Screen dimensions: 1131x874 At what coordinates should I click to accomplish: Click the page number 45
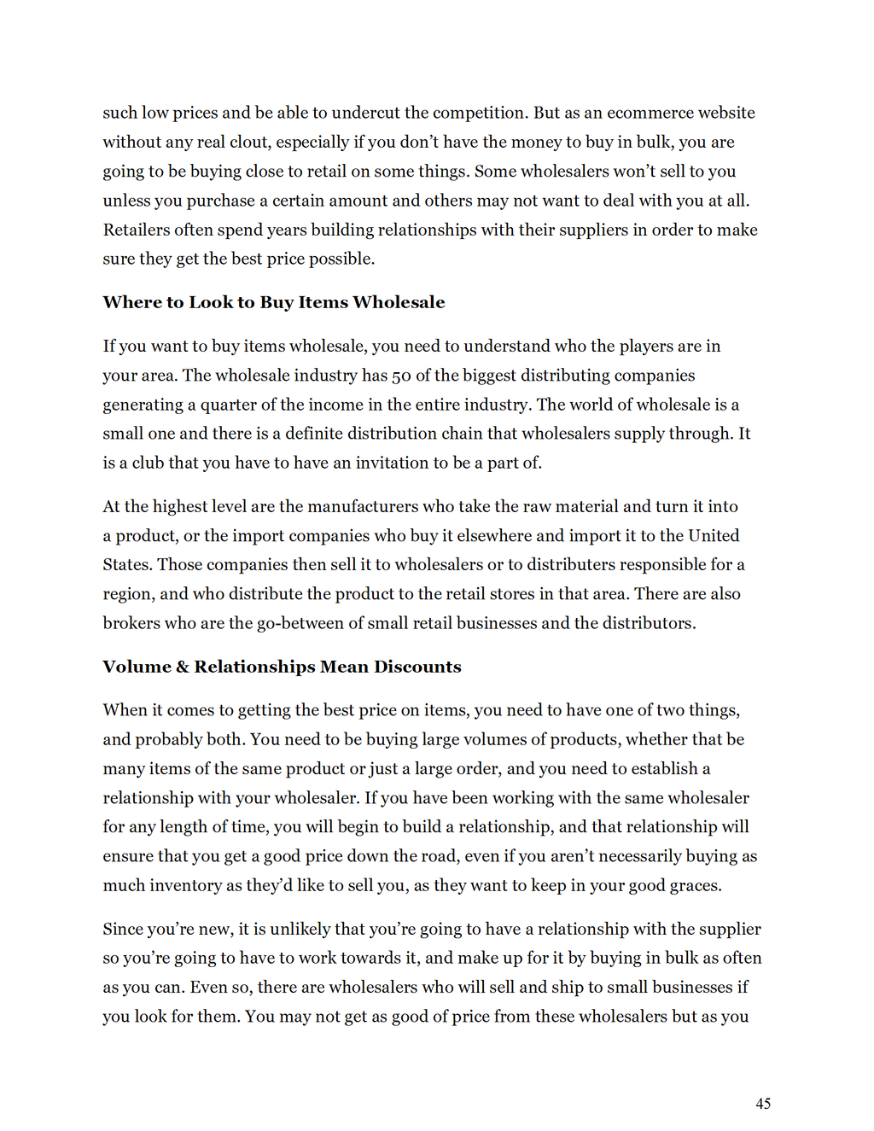763,1104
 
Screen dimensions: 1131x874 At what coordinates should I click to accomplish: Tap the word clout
248,142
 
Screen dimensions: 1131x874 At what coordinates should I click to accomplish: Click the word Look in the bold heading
211,302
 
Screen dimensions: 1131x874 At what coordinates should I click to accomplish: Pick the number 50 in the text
401,376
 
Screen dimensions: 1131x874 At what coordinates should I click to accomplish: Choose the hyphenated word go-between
300,623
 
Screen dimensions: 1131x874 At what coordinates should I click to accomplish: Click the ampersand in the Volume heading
183,667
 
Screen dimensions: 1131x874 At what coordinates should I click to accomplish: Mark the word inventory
185,885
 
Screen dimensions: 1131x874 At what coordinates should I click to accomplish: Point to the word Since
123,929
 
